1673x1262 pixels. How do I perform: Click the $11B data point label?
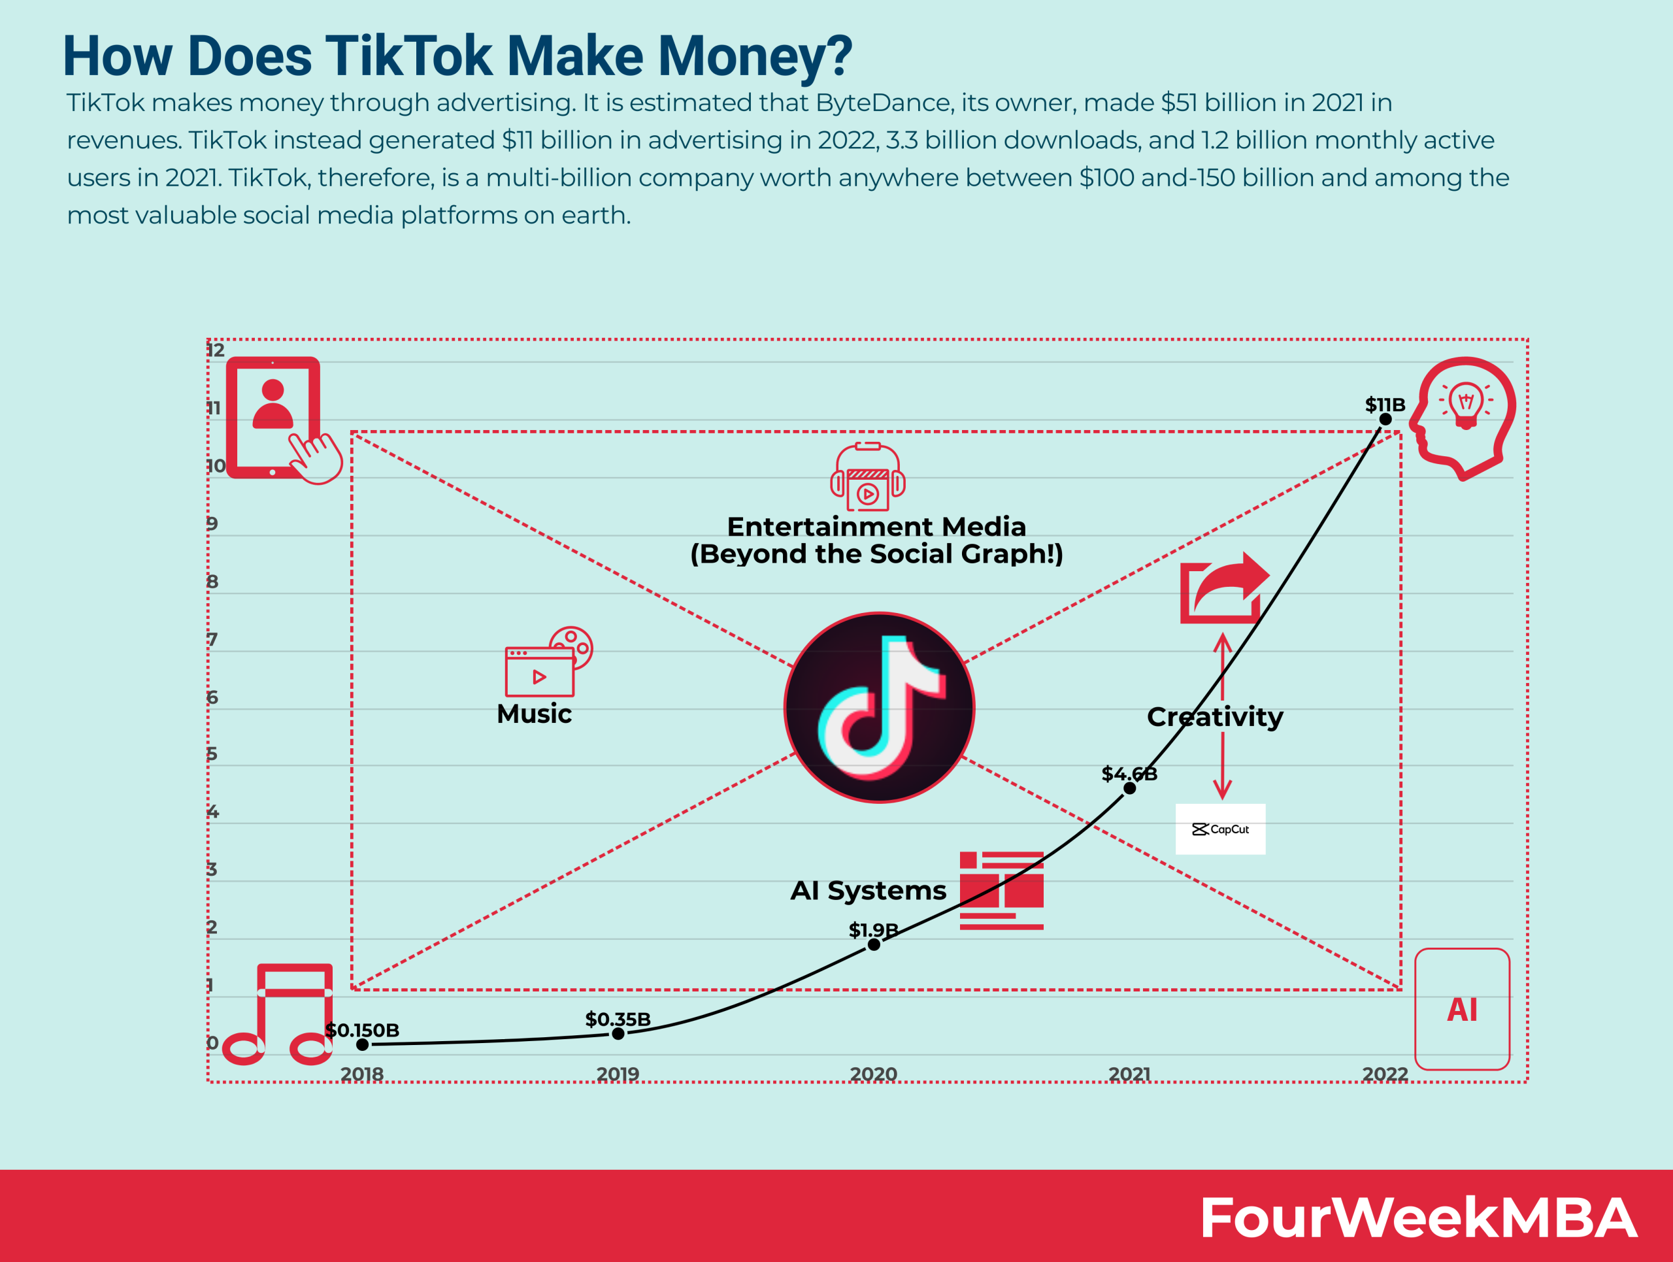click(1385, 405)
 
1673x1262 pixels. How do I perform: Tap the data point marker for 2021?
click(1129, 788)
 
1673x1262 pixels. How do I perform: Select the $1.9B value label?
click(873, 929)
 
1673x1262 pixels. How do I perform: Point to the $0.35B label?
click(618, 1020)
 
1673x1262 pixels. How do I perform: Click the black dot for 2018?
click(362, 1044)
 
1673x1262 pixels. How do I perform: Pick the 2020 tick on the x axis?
click(873, 1074)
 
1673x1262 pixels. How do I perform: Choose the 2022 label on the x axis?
click(1385, 1074)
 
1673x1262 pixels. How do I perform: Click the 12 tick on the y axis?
click(216, 350)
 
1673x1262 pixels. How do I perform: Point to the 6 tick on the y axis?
click(212, 697)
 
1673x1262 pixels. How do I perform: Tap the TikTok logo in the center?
click(879, 707)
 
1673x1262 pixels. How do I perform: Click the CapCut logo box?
click(1220, 829)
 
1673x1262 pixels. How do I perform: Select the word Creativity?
click(1215, 717)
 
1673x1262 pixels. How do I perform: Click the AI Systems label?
click(869, 891)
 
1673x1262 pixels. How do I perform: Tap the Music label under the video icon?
click(534, 714)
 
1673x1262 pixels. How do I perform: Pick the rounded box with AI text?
click(1462, 1008)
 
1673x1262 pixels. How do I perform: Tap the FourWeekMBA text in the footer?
click(1418, 1218)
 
